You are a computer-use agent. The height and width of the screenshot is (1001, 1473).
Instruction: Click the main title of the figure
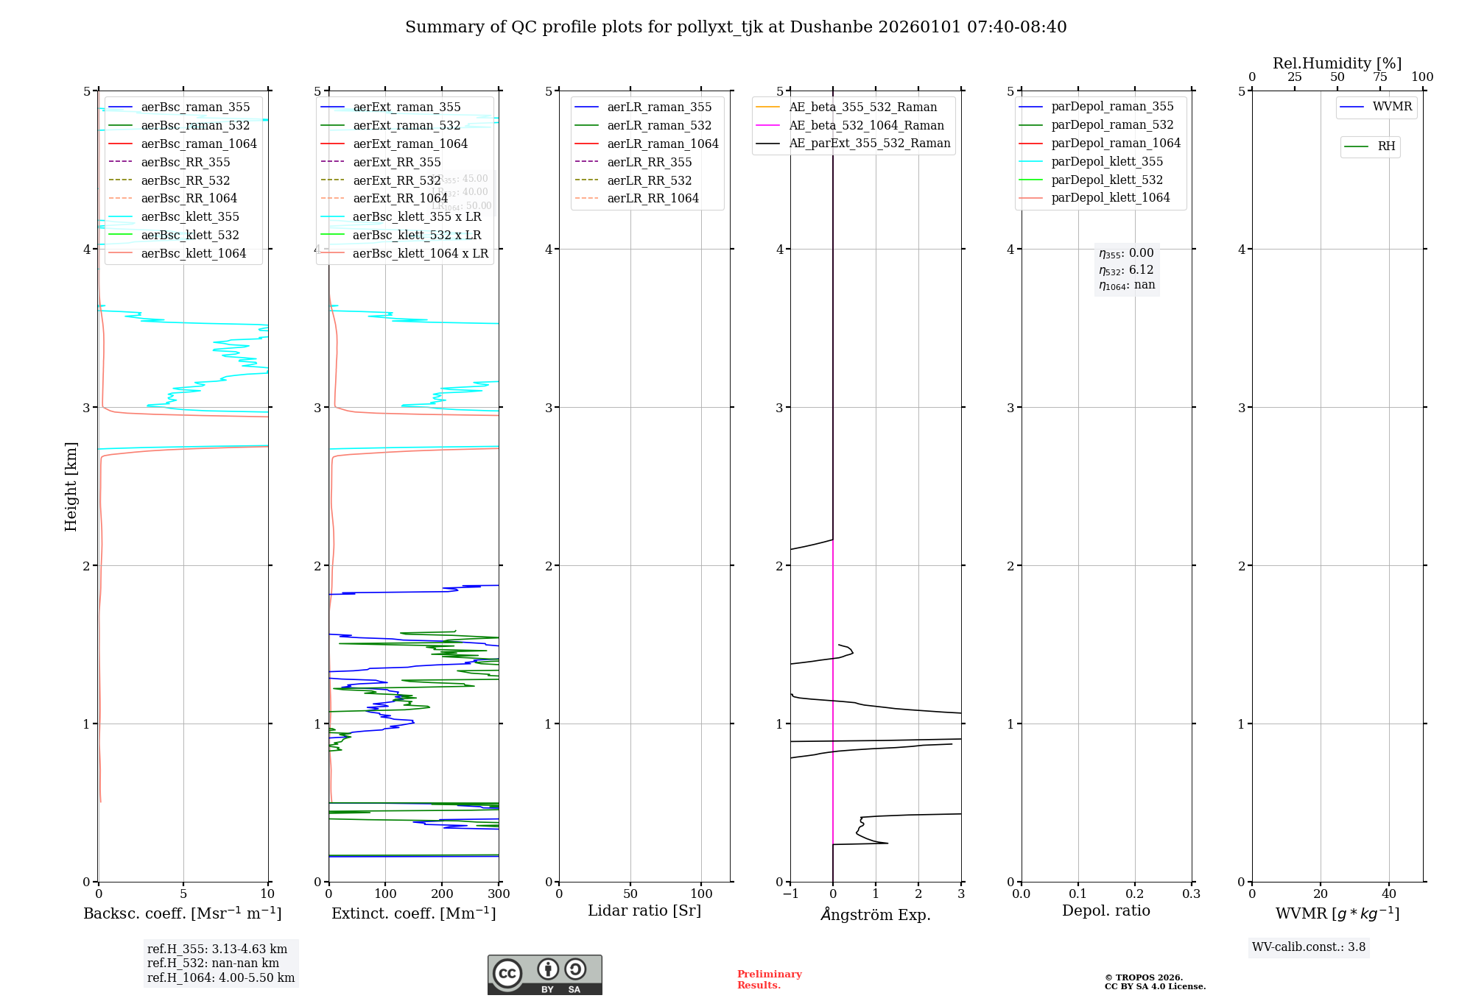click(736, 27)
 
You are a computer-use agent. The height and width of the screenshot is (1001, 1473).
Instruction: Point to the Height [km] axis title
click(71, 486)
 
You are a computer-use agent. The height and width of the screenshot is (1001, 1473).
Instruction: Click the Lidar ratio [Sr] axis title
click(644, 910)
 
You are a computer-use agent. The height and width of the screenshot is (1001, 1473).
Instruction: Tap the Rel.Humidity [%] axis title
click(1337, 63)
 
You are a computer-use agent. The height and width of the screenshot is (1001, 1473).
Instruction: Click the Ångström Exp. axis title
click(876, 914)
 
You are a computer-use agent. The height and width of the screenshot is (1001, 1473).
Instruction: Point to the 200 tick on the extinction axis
click(442, 894)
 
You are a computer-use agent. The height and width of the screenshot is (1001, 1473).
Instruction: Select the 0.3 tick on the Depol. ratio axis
click(1191, 894)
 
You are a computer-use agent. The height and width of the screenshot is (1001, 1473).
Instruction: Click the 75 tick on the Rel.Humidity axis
click(1379, 77)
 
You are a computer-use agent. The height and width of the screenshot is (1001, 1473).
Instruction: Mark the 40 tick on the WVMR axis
click(1389, 894)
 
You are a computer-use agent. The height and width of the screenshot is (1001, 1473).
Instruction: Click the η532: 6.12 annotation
click(1127, 270)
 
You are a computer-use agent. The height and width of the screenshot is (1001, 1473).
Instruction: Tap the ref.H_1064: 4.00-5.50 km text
click(221, 978)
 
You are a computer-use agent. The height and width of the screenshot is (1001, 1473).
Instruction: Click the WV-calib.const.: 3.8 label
click(1309, 947)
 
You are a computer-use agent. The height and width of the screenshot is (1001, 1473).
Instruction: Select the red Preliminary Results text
click(769, 980)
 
